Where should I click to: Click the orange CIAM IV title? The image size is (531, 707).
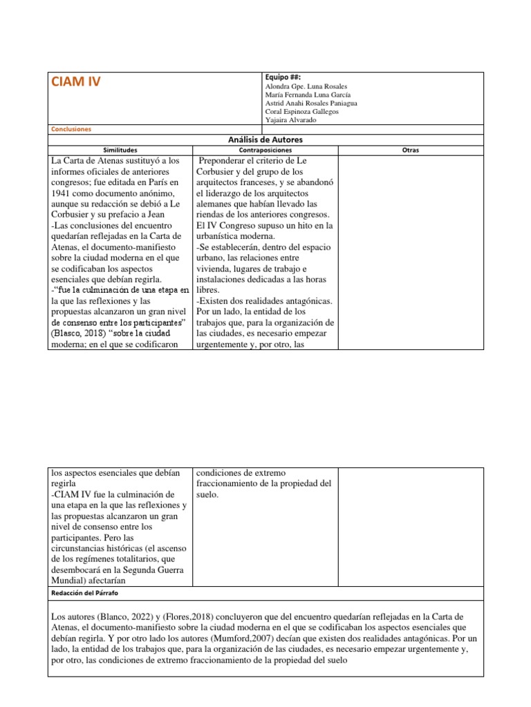coord(76,82)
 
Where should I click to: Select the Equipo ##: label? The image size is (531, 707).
coord(283,77)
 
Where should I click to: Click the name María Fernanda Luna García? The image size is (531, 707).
coord(308,95)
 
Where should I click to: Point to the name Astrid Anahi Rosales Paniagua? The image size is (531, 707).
coord(311,103)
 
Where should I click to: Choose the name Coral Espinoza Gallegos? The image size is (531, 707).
coord(301,111)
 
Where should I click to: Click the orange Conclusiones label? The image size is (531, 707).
coord(72,128)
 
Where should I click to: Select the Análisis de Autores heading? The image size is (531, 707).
coord(265,139)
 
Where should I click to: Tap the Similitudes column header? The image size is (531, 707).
coord(120,149)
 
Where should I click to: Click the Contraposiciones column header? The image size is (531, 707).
coord(265,149)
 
